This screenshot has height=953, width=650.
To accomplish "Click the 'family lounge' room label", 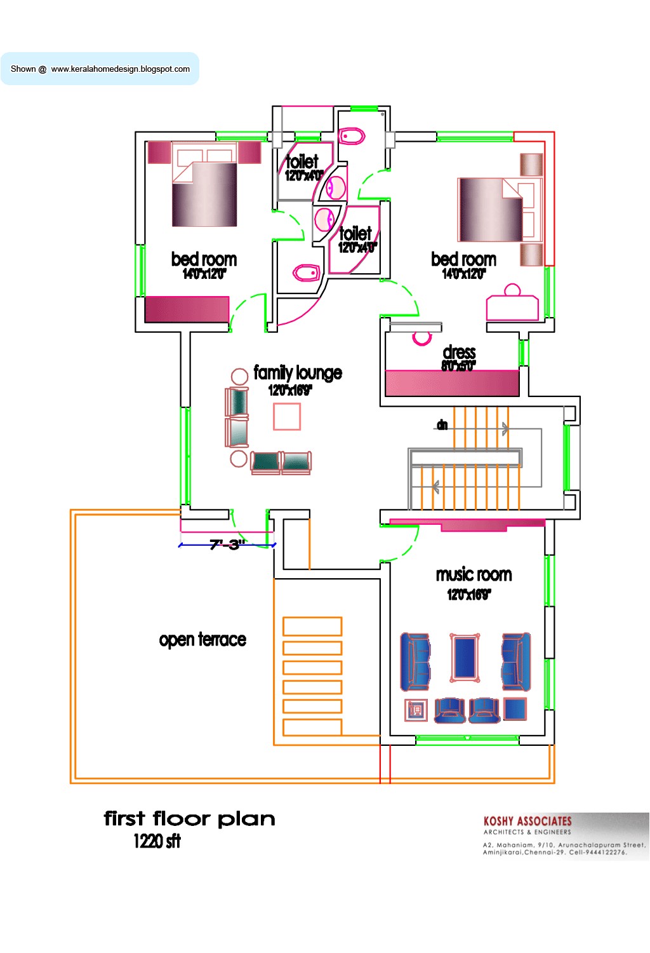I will point(297,372).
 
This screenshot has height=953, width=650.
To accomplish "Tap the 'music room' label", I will point(474,574).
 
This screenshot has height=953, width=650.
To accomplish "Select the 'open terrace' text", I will point(202,639).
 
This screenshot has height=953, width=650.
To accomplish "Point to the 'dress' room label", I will point(459,352).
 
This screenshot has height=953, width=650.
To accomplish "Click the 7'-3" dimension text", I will point(225,544).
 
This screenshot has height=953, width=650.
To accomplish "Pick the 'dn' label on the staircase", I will point(442,424).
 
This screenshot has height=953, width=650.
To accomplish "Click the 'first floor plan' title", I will point(189,818).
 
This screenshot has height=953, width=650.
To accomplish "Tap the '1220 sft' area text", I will point(157,841).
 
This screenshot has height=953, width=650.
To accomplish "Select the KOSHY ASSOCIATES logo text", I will point(527,821).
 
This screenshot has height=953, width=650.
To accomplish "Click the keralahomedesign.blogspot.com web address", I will point(120,69).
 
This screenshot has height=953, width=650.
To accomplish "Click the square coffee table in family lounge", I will point(287,417).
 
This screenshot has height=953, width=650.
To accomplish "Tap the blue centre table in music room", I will point(465,658).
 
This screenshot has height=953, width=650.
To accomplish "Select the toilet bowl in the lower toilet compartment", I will point(306,273).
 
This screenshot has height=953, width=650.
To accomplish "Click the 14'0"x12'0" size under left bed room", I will point(204,274).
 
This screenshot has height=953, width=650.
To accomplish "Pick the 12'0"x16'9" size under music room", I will point(468,595).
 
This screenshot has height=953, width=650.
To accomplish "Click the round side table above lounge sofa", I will point(239,376).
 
